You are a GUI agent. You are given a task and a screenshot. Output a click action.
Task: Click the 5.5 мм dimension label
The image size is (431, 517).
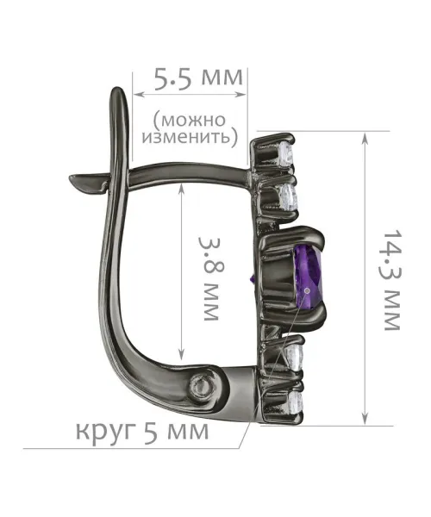pos(199,79)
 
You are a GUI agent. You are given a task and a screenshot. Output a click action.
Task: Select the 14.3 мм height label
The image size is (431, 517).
pos(392,280)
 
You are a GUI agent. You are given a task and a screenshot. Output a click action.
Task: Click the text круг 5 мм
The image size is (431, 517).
pos(142,430)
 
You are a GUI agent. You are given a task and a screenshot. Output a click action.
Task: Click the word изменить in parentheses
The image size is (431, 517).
pos(187,137)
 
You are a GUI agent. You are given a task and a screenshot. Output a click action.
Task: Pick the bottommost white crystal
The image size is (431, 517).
pos(295,402)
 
